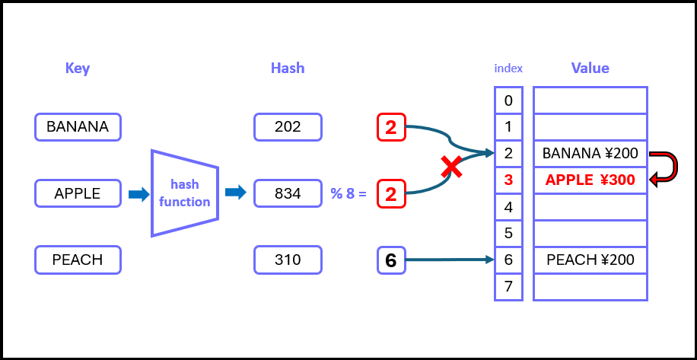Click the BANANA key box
coord(78,127)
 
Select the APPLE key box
coord(78,193)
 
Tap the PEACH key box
coord(78,260)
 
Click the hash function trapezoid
coord(185,193)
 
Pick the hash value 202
coord(288,127)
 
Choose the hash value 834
coord(288,193)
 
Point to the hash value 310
coord(288,260)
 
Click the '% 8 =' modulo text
coord(348,194)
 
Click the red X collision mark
coord(453,167)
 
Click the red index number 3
coord(508,180)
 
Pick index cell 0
coord(508,100)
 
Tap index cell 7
coord(508,287)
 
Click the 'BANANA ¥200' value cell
coord(590,154)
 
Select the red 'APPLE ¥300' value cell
coord(590,180)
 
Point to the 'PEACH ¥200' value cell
coord(590,260)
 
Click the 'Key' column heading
coord(78,68)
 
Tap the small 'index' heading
coord(508,68)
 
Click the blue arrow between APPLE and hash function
coord(138,194)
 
